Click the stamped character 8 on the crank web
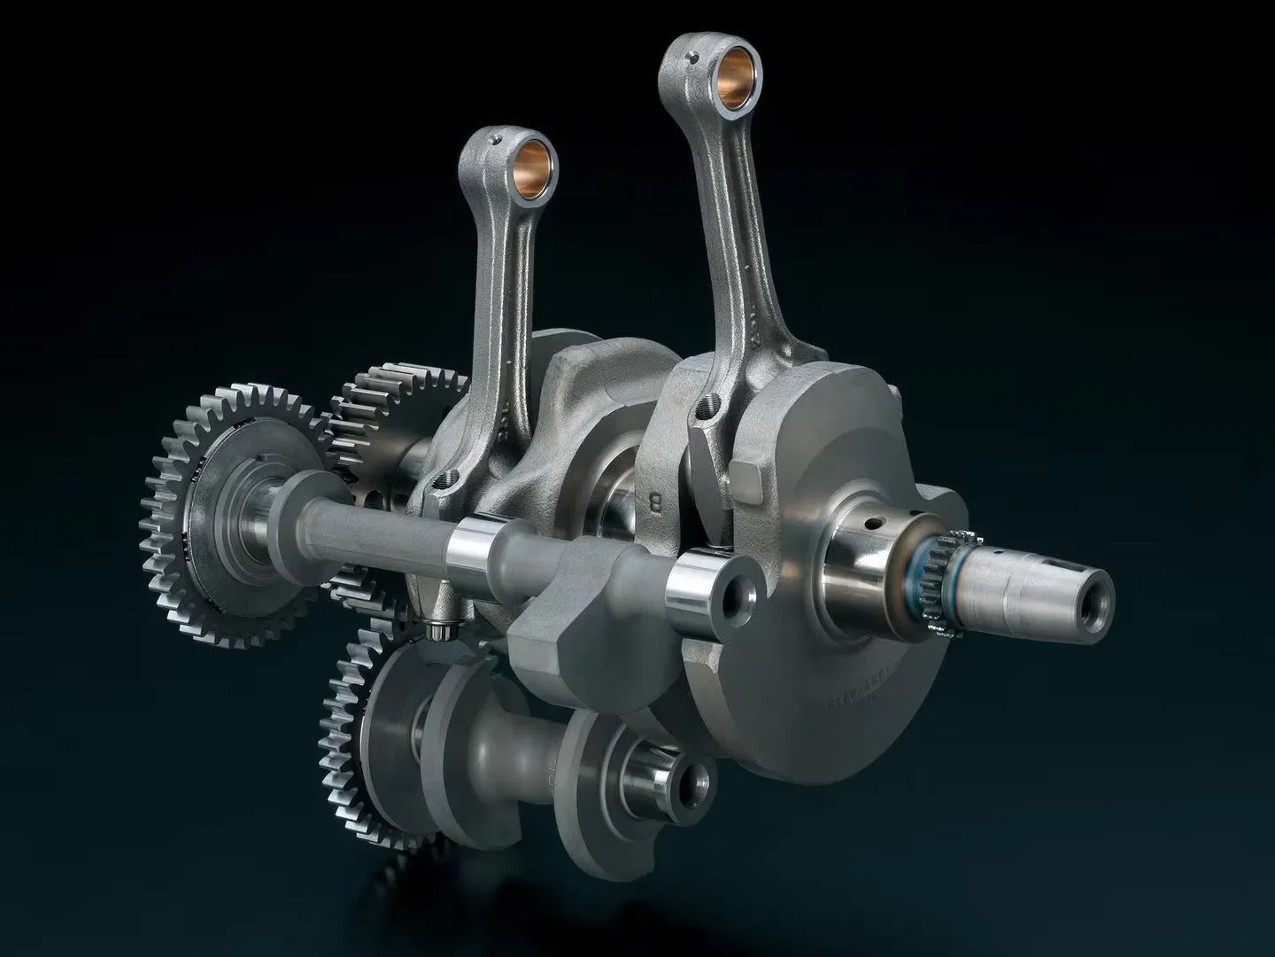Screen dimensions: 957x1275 656,502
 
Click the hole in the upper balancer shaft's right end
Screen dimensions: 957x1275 734,599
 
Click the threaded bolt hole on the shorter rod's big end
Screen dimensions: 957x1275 448,486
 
